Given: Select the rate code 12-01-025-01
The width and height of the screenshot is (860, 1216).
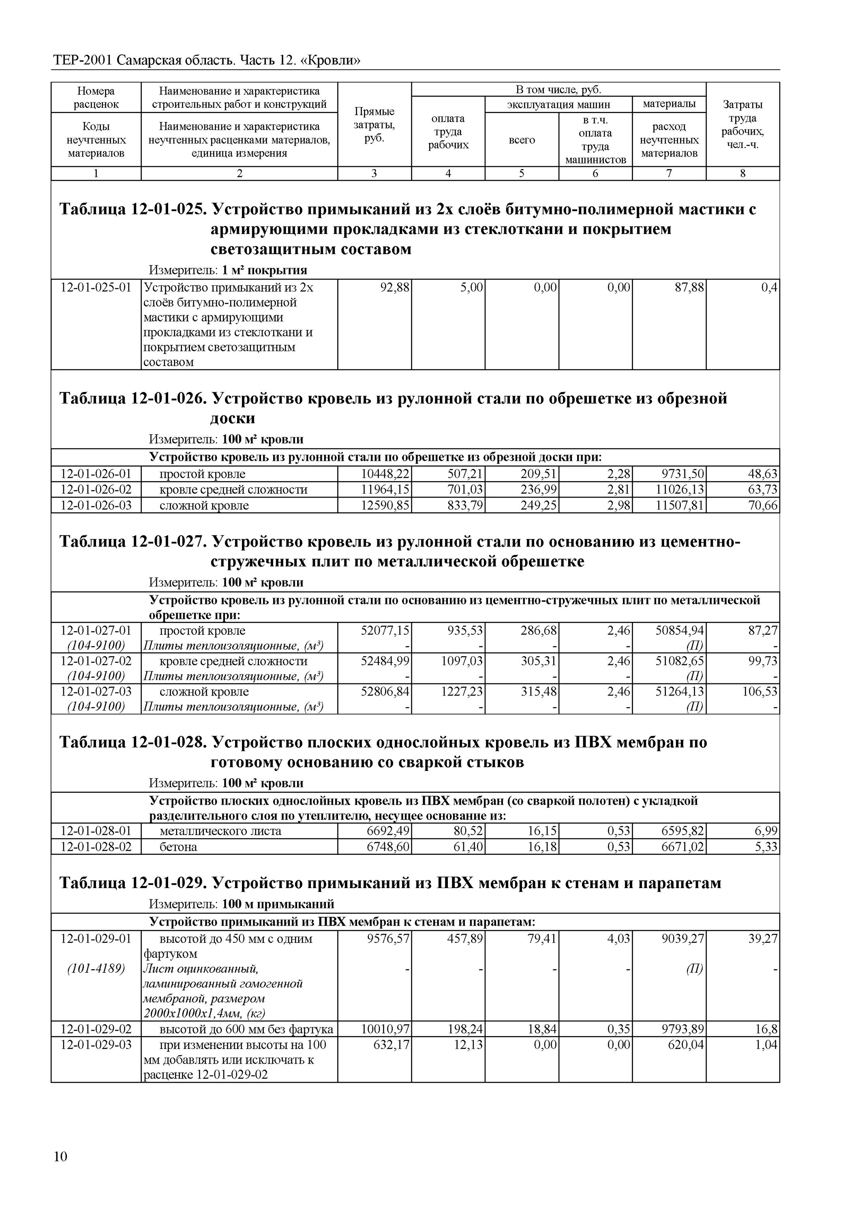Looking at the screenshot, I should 96,287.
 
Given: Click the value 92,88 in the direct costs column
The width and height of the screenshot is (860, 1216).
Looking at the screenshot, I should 394,287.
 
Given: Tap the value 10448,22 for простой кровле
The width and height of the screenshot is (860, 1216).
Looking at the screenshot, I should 385,474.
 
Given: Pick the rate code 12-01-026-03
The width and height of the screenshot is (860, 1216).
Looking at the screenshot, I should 96,506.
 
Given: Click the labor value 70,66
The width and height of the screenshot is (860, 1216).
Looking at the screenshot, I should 763,506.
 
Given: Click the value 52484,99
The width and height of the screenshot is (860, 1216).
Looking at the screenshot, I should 385,661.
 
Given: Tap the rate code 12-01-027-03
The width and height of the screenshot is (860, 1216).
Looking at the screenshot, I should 96,691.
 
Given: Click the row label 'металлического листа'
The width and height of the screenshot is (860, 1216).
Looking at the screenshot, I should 220,831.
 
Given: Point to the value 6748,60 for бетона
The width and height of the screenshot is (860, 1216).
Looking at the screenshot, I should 388,847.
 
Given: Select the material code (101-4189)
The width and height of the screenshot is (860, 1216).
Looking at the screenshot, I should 96,969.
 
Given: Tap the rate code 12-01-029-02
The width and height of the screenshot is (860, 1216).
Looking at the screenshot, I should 96,1029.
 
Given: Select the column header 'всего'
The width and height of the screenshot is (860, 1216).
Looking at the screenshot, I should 522,140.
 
